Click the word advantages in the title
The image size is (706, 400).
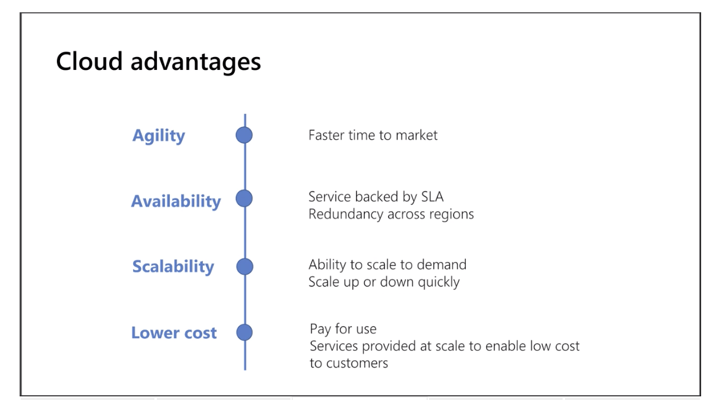[x=195, y=62]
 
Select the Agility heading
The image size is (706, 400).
[x=159, y=136]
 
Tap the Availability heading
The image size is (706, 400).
[x=176, y=201]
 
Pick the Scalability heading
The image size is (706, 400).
[x=173, y=266]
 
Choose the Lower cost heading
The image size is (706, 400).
[x=174, y=333]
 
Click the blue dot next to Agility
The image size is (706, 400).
[x=244, y=135]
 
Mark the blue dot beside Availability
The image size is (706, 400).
[x=244, y=198]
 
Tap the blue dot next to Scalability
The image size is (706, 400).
[x=245, y=266]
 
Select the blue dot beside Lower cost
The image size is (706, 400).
[x=245, y=333]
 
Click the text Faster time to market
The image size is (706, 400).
[x=373, y=136]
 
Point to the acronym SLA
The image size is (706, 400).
[x=432, y=196]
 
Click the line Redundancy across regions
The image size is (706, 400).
[x=391, y=214]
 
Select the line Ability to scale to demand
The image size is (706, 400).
[x=388, y=264]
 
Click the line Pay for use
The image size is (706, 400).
[x=343, y=329]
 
